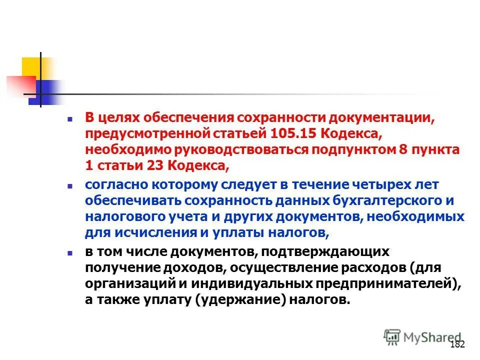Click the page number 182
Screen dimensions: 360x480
pos(457,344)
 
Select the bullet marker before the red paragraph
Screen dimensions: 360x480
pos(70,119)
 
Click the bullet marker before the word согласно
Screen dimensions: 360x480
pos(70,185)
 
